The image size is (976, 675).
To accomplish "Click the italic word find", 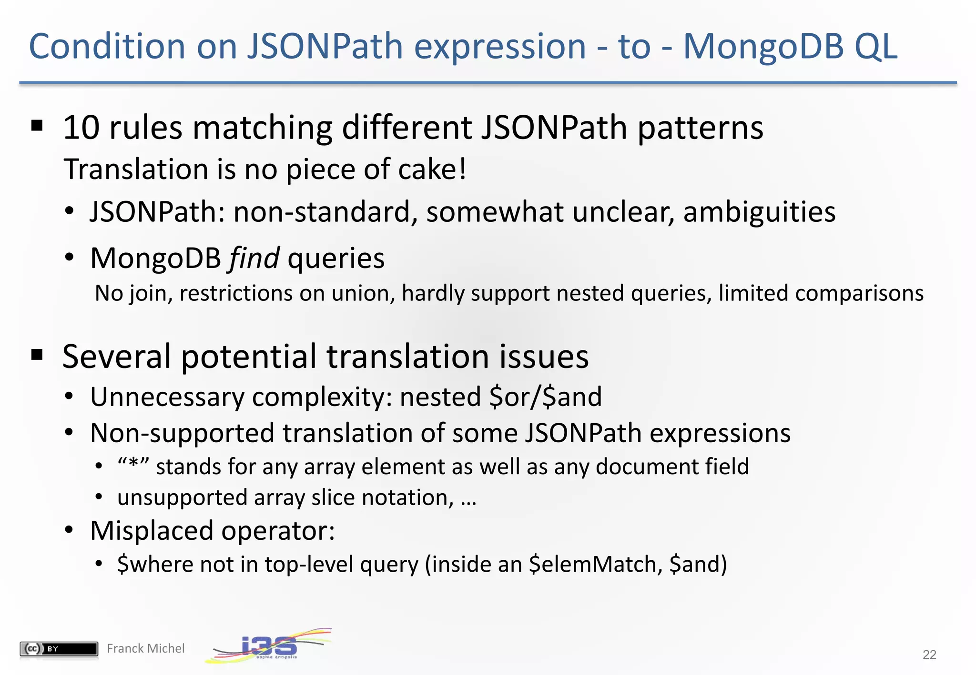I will coord(254,258).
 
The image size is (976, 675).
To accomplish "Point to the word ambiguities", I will coord(759,212).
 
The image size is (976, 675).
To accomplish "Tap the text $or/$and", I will coord(545,397).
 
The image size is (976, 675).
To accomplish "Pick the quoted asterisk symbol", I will coord(133,466).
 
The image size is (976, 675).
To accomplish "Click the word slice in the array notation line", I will coord(333,497).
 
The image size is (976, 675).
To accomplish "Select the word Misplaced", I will coord(151,530).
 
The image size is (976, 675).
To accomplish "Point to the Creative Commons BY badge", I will coord(59,648).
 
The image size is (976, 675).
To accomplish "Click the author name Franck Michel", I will coord(145,648).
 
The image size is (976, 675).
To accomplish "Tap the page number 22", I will coord(929,655).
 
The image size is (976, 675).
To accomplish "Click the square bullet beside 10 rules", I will coord(37,126).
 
